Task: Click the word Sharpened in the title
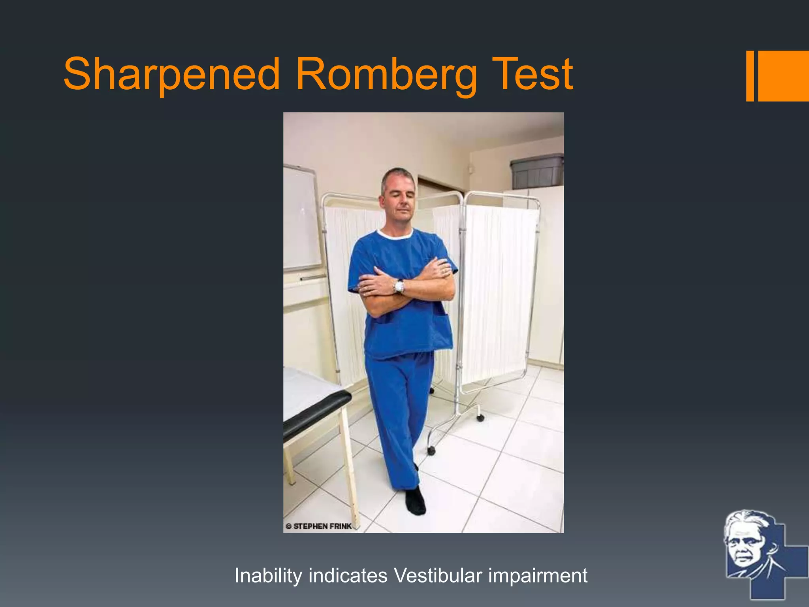(171, 74)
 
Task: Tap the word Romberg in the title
(386, 74)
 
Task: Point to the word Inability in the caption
(268, 575)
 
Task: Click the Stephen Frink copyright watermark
(319, 526)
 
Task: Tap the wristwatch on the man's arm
(399, 286)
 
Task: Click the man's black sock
(415, 501)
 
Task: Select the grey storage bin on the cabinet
(537, 172)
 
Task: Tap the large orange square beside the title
(783, 76)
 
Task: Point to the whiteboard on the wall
(301, 217)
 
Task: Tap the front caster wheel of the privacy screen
(431, 451)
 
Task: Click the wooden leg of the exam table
(351, 466)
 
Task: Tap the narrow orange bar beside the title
(750, 76)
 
